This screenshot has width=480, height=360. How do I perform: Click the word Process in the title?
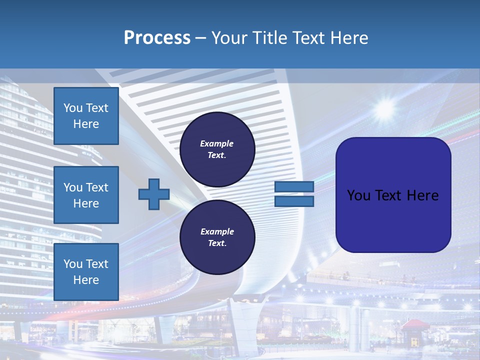(157, 38)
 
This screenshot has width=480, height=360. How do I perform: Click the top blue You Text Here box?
(86, 116)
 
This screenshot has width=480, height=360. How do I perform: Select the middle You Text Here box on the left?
(86, 195)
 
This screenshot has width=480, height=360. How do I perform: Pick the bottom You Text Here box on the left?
(86, 272)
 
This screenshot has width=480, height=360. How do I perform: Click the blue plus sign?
(154, 194)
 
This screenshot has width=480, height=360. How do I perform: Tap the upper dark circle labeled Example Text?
(217, 149)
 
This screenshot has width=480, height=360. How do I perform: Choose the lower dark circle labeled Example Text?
(217, 237)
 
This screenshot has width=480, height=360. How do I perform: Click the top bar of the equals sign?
(294, 186)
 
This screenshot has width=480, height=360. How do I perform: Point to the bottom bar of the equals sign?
(294, 201)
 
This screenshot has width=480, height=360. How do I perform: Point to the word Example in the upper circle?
(217, 143)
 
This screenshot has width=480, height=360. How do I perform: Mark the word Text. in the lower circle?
(217, 243)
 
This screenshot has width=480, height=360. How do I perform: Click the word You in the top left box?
(73, 108)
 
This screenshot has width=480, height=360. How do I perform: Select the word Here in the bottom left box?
(86, 280)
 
